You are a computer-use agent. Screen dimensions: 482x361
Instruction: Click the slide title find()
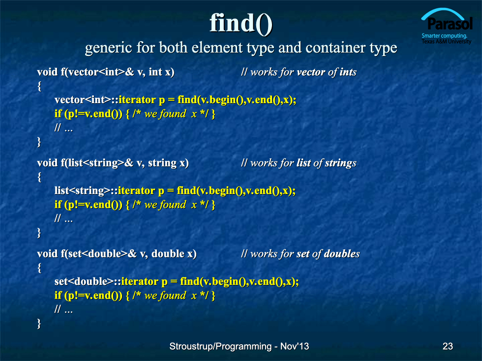point(241,24)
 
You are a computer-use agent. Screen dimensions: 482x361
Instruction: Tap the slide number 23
point(448,346)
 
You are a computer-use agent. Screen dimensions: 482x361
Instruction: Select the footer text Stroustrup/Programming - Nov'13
point(239,346)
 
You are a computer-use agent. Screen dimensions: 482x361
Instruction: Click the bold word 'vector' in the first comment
point(311,72)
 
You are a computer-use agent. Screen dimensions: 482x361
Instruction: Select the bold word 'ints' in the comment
point(348,72)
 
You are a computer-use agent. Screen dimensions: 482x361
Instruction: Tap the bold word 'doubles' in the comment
point(342,254)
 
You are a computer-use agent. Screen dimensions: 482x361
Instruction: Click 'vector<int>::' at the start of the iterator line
point(87,100)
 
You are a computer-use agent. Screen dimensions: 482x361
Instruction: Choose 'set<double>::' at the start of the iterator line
point(88,281)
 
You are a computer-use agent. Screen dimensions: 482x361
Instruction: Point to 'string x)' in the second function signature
point(168,163)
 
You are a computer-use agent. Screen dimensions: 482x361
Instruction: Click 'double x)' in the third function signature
point(174,254)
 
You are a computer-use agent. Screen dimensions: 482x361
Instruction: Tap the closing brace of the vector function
point(39,142)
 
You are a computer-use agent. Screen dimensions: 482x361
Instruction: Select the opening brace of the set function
point(39,268)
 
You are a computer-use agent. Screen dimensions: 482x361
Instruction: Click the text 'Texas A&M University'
point(447,41)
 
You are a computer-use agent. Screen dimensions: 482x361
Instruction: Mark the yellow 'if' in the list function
point(58,205)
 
